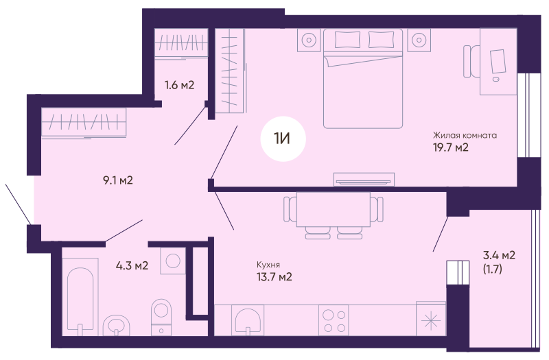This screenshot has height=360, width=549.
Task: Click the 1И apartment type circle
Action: pyautogui.click(x=283, y=139)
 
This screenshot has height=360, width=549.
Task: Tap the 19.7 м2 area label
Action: pyautogui.click(x=451, y=147)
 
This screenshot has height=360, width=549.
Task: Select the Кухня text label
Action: pyautogui.click(x=268, y=265)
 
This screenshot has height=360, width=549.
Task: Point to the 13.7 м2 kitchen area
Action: pyautogui.click(x=274, y=277)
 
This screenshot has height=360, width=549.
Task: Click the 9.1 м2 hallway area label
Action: pyautogui.click(x=118, y=180)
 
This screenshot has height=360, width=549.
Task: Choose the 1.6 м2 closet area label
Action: pyautogui.click(x=179, y=85)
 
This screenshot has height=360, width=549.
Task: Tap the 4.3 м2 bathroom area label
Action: pyautogui.click(x=132, y=265)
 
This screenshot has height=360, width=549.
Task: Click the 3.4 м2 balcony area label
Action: pyautogui.click(x=499, y=255)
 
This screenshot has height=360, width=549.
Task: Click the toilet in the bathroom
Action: pyautogui.click(x=161, y=317)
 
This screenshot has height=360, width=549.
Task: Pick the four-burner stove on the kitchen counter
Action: pyautogui.click(x=334, y=320)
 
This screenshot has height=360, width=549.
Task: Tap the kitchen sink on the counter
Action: pyautogui.click(x=248, y=320)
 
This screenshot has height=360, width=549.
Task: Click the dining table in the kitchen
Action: pyautogui.click(x=334, y=209)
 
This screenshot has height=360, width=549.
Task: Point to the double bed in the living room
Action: pyautogui.click(x=363, y=78)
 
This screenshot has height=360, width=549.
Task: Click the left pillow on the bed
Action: pyautogui.click(x=347, y=40)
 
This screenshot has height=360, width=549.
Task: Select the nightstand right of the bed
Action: pyautogui.click(x=419, y=40)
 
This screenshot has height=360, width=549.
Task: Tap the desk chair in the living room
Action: pyautogui.click(x=471, y=61)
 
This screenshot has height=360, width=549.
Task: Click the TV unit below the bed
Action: pyautogui.click(x=364, y=180)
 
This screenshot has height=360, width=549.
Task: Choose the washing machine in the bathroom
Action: pyautogui.click(x=173, y=261)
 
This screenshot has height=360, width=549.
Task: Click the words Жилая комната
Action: pyautogui.click(x=465, y=135)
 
